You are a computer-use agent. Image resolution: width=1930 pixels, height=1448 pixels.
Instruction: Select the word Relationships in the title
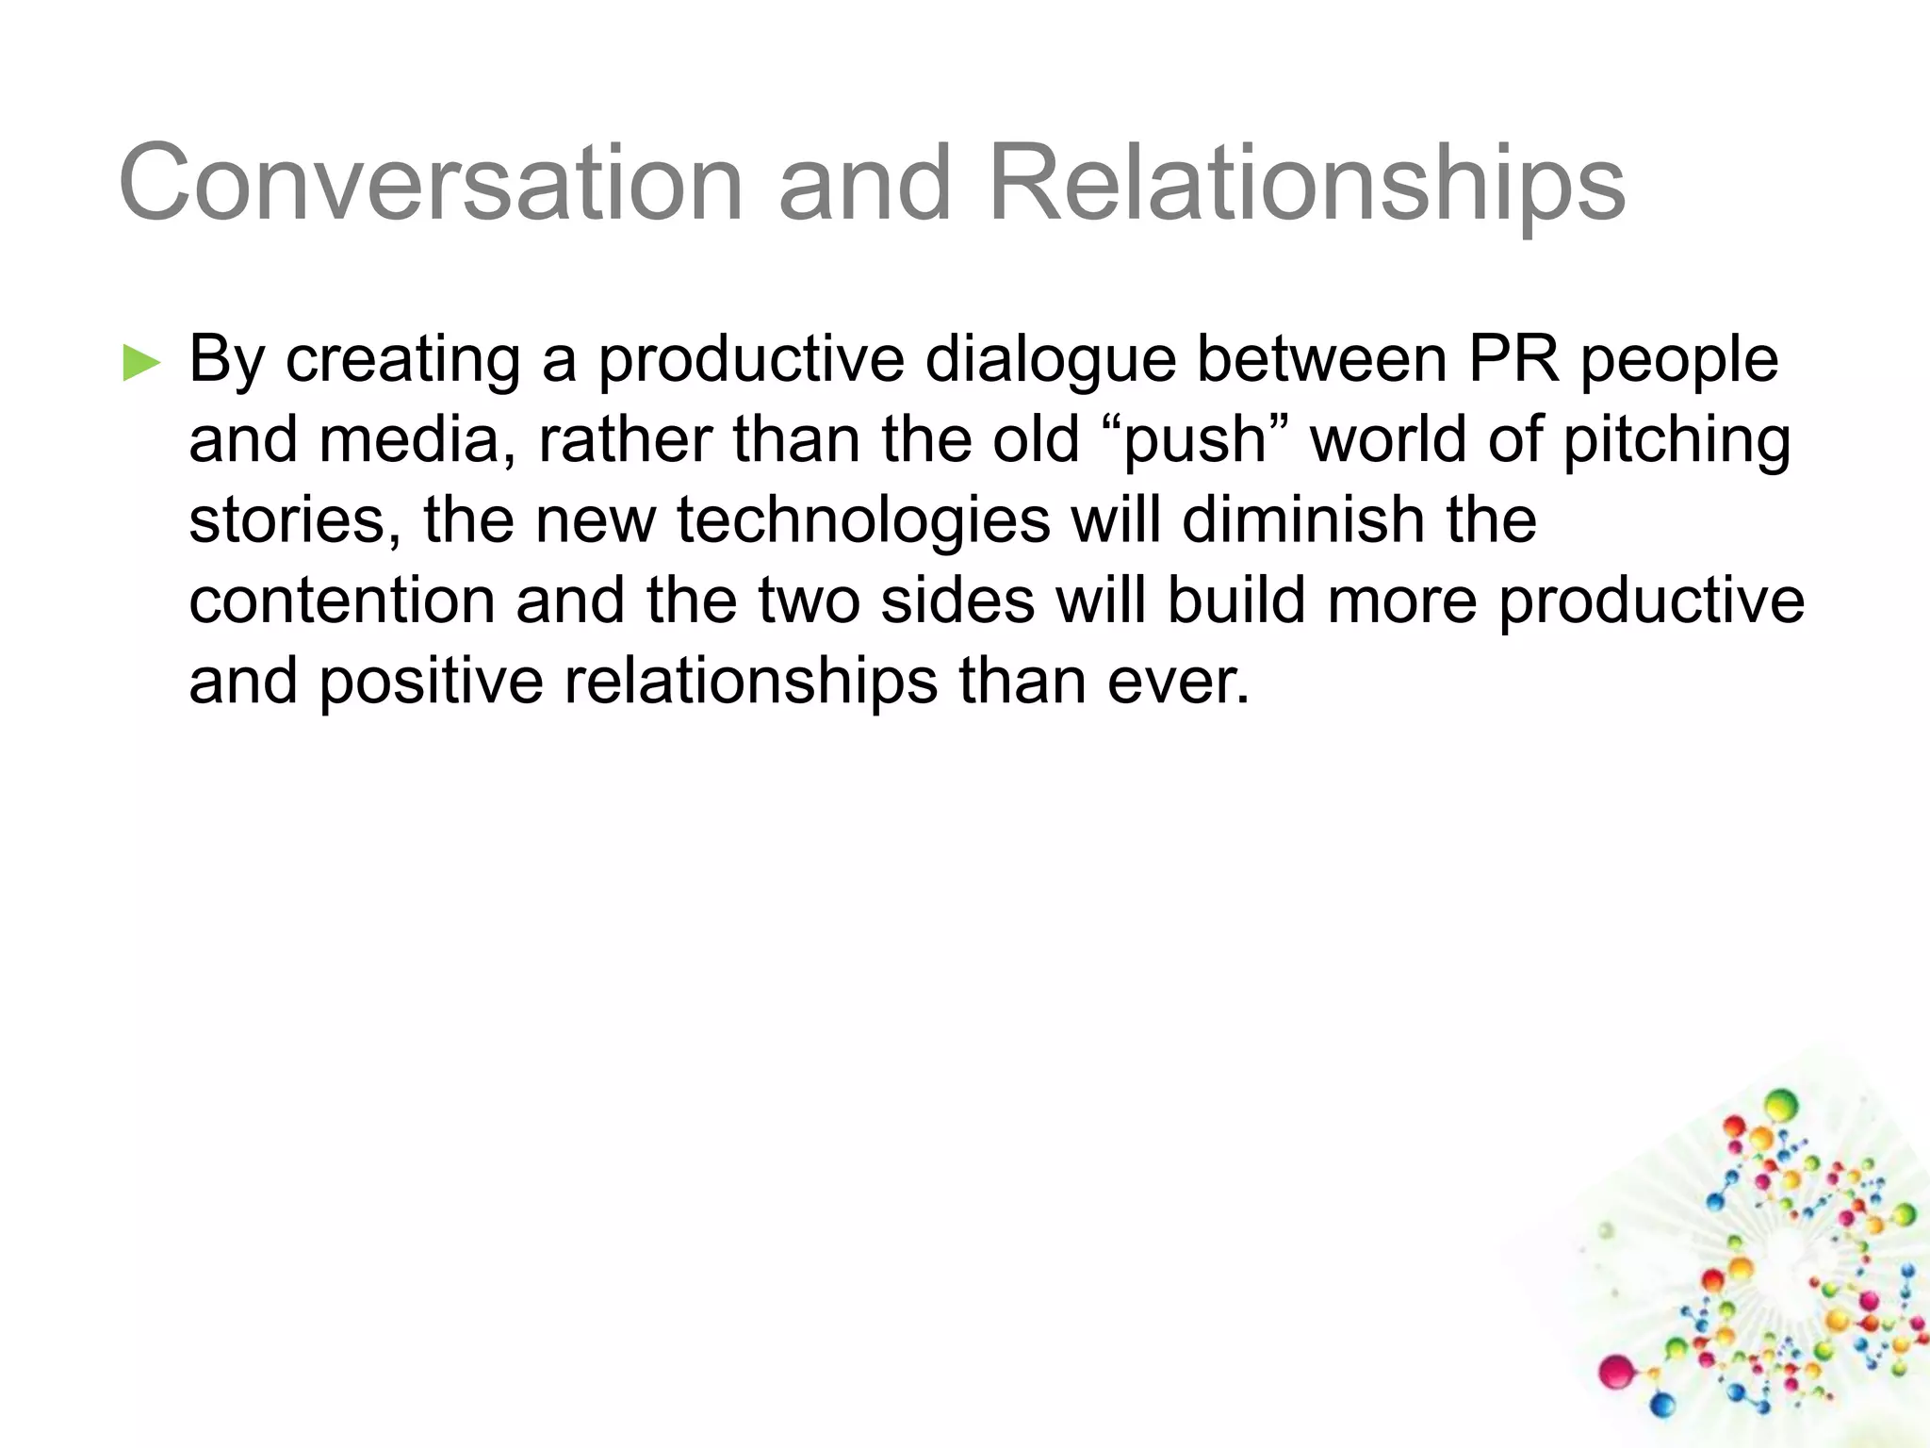click(x=1306, y=185)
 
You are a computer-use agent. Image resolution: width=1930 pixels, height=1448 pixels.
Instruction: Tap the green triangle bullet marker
click(x=142, y=363)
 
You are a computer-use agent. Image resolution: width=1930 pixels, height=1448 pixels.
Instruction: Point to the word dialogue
click(x=1050, y=361)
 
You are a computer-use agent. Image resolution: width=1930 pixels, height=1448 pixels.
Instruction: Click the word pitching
click(x=1676, y=442)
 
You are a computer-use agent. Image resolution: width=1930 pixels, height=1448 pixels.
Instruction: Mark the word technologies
click(x=863, y=522)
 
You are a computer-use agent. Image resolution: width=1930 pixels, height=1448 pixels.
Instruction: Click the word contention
click(x=342, y=601)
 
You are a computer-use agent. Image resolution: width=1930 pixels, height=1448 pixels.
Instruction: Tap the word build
click(x=1235, y=601)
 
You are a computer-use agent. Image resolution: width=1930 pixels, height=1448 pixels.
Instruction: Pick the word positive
click(x=432, y=682)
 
